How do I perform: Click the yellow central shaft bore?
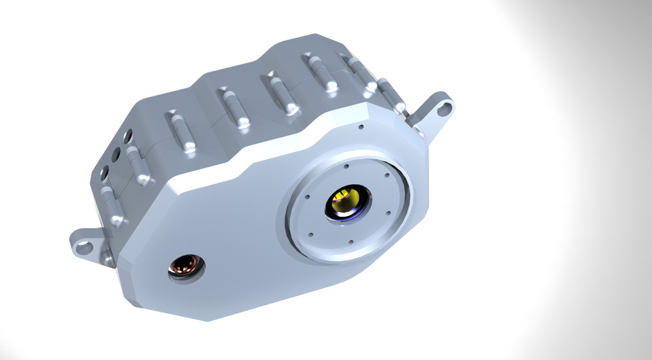pos(346,201)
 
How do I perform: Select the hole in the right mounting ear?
pos(445,107)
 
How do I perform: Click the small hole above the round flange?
pos(361,126)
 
